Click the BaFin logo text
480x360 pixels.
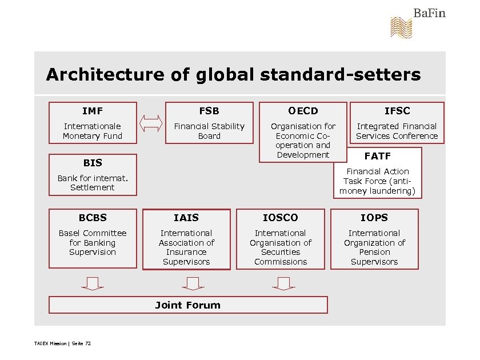coord(429,13)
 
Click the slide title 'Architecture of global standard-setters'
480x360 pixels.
coord(233,75)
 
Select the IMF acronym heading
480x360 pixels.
coord(93,111)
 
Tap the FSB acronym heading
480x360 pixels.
coord(209,111)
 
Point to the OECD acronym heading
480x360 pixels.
coord(303,111)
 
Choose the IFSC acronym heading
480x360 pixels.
coord(397,111)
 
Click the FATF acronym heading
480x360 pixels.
coord(377,156)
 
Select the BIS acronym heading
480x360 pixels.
coord(93,163)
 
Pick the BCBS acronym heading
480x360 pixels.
coord(93,218)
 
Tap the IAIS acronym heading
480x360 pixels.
coord(186,218)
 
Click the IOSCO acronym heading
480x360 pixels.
coord(280,218)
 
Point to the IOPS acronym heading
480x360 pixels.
coord(374,218)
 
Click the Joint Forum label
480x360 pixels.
coord(188,305)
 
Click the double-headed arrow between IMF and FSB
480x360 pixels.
coord(151,123)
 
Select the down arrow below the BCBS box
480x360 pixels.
coord(93,283)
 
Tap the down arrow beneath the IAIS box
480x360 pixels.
coord(193,283)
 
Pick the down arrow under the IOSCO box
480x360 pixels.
coord(283,283)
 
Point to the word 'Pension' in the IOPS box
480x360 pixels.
coord(374,252)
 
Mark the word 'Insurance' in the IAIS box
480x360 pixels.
coord(186,252)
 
